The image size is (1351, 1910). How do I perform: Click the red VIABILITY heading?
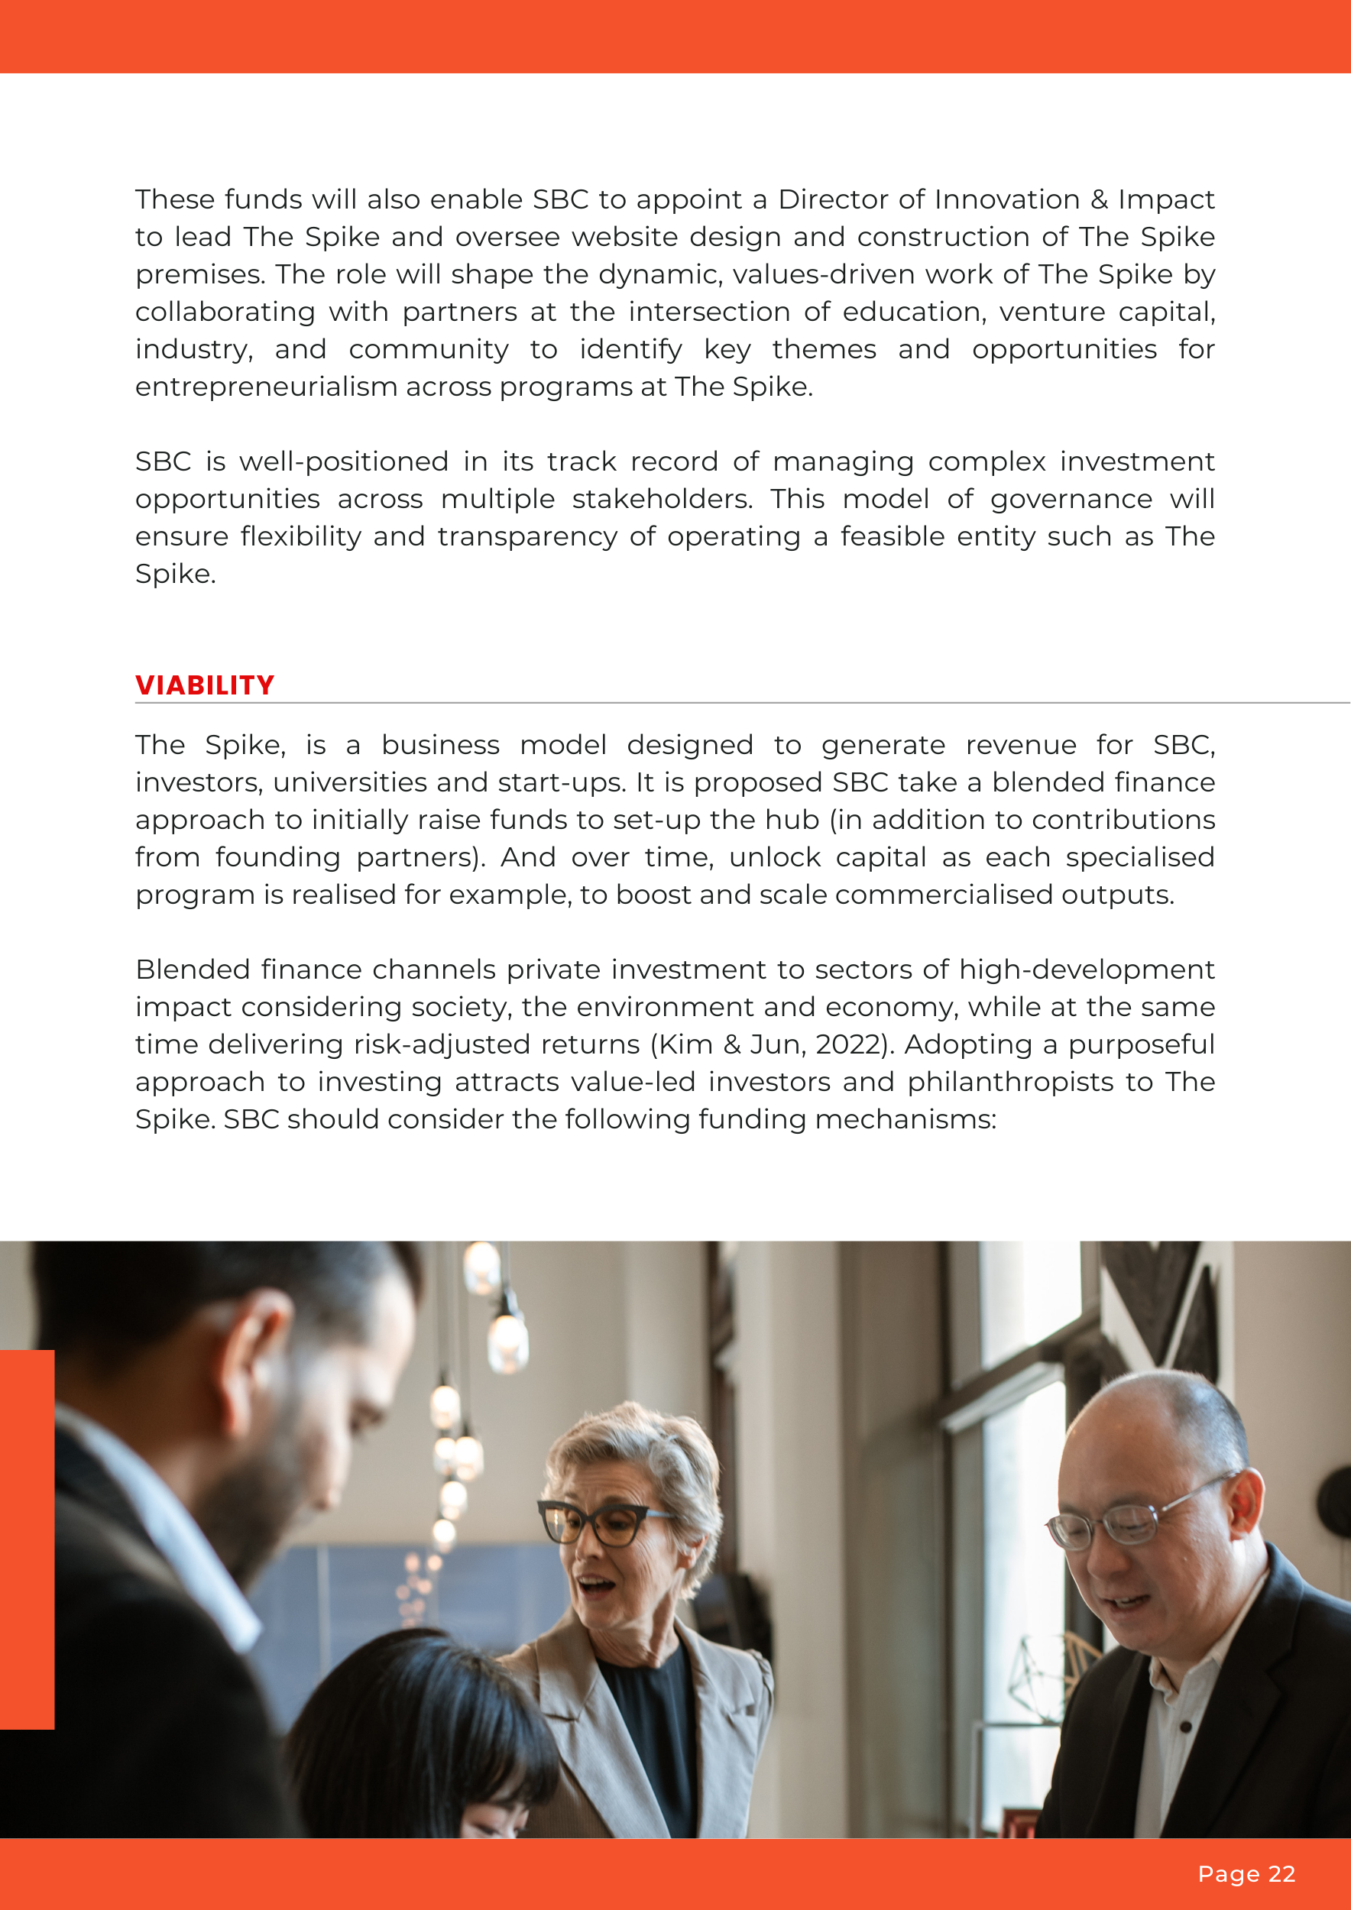tap(205, 685)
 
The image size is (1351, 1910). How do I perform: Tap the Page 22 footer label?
tap(1246, 1873)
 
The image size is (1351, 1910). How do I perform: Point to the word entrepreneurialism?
tap(266, 387)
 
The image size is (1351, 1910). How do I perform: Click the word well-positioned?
tap(344, 461)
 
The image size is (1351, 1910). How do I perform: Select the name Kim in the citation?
tap(686, 1044)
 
